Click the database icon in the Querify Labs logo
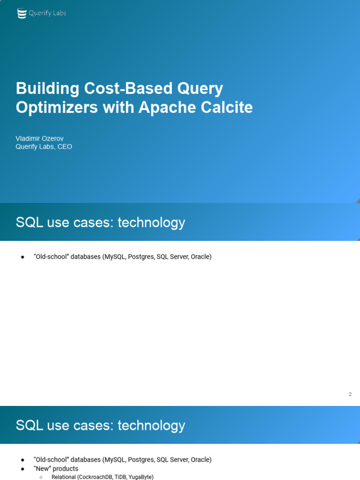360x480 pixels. (22, 14)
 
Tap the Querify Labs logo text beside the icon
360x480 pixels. (47, 13)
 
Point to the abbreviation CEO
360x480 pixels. (65, 147)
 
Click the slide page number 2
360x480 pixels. (350, 394)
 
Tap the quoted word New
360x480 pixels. (42, 469)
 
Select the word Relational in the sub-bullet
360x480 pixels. (63, 477)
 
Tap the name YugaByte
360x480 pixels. (141, 477)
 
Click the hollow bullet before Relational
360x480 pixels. (41, 477)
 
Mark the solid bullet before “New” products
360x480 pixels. (22, 469)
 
